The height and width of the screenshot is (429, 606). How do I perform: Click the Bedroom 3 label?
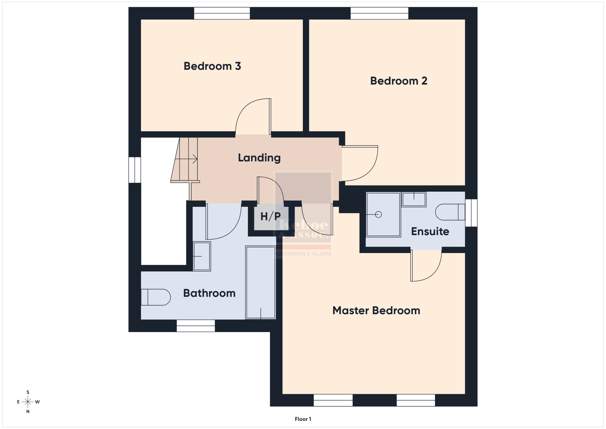click(212, 66)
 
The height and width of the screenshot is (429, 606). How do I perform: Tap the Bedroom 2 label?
click(399, 81)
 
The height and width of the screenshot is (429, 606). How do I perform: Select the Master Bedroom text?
click(376, 310)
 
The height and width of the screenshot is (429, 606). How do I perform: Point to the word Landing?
click(259, 158)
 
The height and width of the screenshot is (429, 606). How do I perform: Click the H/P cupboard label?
click(271, 216)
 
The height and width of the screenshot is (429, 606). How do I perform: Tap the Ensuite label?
click(430, 231)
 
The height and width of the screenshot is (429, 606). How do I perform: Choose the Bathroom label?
click(209, 293)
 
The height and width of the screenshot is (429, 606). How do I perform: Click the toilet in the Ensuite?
click(450, 212)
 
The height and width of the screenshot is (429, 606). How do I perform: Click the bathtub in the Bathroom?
click(260, 282)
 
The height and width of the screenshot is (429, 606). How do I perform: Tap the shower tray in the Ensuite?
click(383, 215)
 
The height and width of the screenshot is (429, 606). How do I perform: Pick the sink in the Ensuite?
click(414, 199)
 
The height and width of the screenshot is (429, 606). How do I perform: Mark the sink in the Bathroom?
click(202, 256)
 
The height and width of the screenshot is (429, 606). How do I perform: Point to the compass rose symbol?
click(28, 402)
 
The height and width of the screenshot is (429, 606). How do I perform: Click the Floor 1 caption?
click(303, 419)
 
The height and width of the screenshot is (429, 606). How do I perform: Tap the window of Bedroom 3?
click(222, 13)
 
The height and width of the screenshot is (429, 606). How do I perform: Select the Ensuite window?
click(471, 213)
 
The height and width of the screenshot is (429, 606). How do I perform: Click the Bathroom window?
click(196, 326)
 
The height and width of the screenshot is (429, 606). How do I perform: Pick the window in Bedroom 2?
click(379, 13)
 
